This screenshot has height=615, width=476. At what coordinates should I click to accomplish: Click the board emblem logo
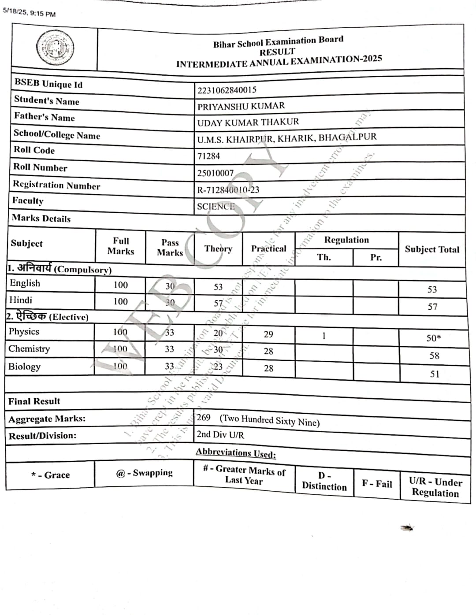point(55,48)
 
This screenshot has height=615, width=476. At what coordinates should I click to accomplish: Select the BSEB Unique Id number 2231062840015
point(227,90)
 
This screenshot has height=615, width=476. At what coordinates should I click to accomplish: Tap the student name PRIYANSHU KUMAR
point(241,106)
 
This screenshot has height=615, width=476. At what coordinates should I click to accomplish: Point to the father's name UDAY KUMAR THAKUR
point(248,122)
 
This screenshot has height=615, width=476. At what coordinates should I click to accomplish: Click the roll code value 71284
point(208,156)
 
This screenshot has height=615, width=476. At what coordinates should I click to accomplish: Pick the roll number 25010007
point(215,173)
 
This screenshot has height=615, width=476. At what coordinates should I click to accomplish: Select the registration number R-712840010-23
point(228,190)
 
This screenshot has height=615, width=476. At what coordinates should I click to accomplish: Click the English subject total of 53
point(432,289)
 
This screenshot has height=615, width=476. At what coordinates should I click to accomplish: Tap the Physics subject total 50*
point(433,338)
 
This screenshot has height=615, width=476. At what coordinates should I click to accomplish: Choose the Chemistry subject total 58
point(434,356)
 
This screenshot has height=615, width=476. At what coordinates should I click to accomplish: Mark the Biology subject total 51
point(435,374)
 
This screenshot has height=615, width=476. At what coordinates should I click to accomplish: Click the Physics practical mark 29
point(268,334)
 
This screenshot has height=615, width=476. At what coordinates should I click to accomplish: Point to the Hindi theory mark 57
point(218,304)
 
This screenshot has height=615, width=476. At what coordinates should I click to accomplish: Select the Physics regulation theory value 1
point(324,336)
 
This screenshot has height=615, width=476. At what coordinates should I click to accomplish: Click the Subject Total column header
point(432,249)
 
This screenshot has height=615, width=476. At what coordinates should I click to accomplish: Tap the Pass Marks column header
point(170,248)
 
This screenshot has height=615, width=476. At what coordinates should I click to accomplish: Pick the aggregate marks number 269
point(204,417)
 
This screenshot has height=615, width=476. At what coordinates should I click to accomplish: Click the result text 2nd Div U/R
point(220,435)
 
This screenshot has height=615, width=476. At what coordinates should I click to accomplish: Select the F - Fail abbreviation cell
point(377,484)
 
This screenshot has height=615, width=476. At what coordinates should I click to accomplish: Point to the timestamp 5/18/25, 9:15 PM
point(29,12)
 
